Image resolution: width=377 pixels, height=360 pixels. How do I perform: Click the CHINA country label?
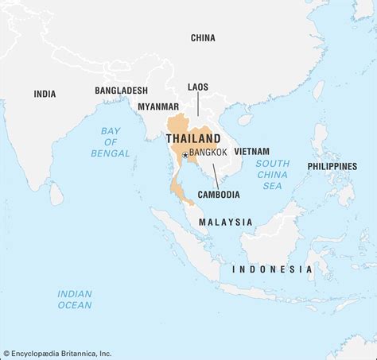tap(203, 37)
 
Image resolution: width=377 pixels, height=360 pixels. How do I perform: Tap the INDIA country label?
tap(45, 94)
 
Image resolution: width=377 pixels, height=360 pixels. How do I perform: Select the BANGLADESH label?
tap(121, 91)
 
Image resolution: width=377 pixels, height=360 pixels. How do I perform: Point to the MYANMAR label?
tap(158, 106)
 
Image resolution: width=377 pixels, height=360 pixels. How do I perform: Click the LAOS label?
tap(198, 86)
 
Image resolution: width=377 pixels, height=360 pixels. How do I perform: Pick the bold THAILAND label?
tap(193, 137)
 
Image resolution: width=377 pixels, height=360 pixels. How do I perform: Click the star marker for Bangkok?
tap(185, 155)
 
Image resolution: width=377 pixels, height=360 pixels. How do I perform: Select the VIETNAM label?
tap(252, 151)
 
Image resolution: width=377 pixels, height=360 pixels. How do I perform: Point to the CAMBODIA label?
tap(218, 194)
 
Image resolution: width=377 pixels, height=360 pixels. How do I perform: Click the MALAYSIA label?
tap(226, 223)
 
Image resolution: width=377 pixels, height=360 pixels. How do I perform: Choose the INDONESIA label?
tap(272, 269)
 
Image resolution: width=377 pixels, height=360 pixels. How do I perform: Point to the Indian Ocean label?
tap(74, 299)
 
